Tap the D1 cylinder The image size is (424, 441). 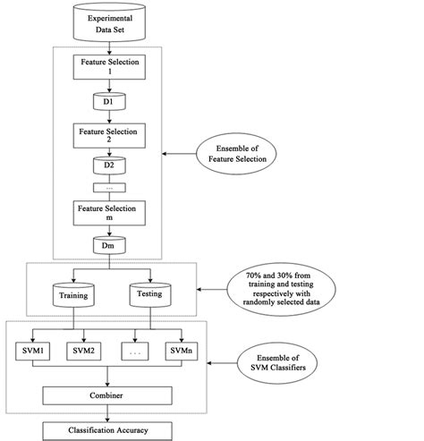coord(109,101)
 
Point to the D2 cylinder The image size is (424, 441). coord(109,167)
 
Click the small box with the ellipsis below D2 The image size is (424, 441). coord(109,190)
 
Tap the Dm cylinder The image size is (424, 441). coord(109,245)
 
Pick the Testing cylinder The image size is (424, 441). coord(146,293)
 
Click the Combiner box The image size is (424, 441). coord(108,393)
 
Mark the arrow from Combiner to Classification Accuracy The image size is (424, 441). coord(108,411)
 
